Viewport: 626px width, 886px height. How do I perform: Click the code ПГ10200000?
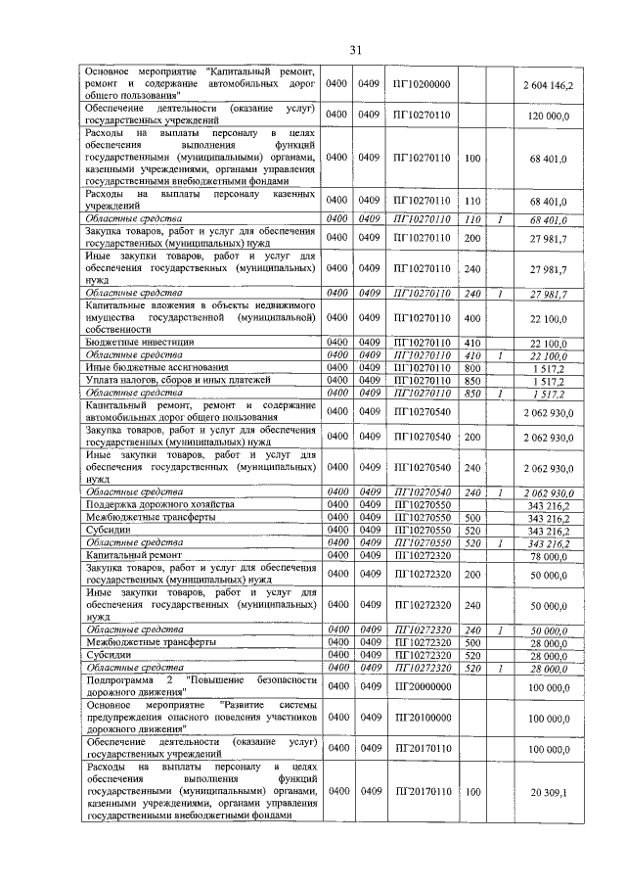(421, 85)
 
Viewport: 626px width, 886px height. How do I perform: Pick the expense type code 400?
(473, 318)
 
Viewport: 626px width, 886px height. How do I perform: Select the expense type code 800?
(473, 366)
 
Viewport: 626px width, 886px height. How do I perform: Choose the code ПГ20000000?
(421, 688)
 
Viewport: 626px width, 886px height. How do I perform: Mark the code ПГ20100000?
(421, 718)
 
